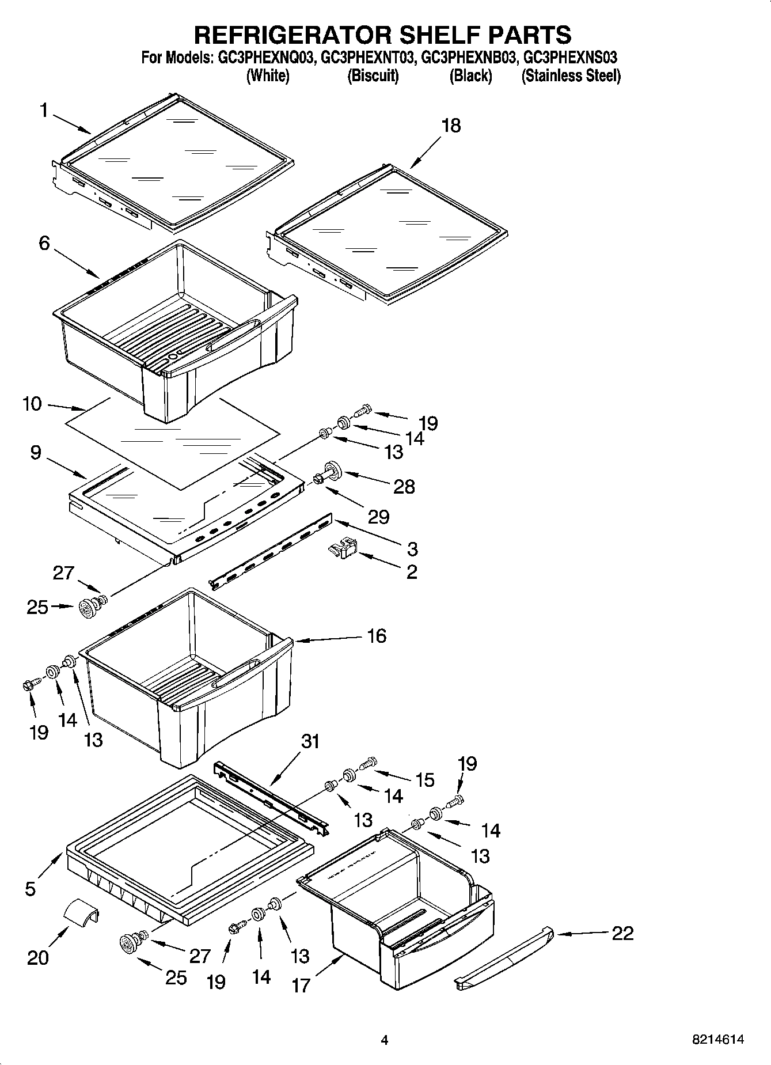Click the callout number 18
(451, 126)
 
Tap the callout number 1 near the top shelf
(44, 110)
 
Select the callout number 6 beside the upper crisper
(44, 243)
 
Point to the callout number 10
(32, 404)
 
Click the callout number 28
(404, 487)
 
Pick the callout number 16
(377, 636)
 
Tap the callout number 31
(310, 741)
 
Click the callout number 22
(622, 933)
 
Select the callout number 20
(38, 957)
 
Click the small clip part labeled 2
(343, 548)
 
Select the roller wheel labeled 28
(333, 469)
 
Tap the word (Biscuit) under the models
(373, 75)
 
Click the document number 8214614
(717, 1040)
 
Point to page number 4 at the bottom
(384, 1040)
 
